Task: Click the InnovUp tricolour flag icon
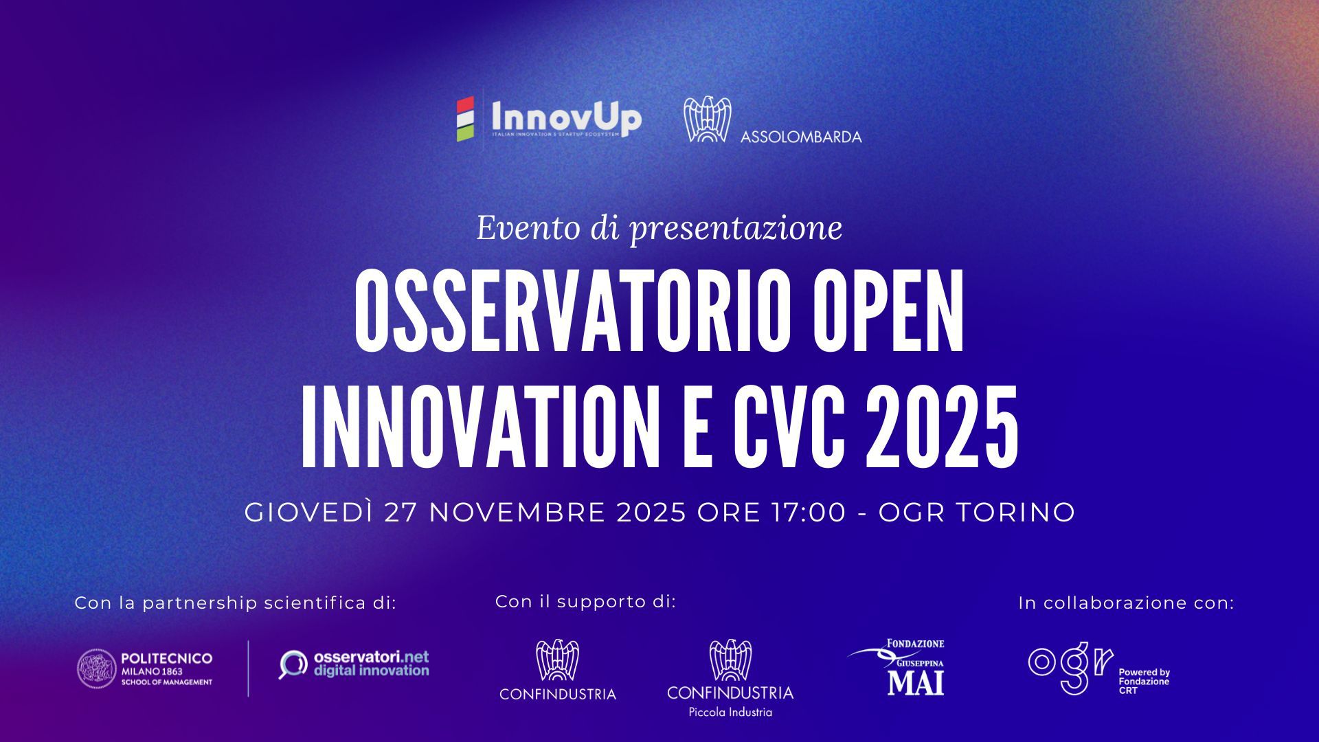[x=466, y=120]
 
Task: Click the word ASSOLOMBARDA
[x=801, y=137]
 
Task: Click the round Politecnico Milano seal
[x=97, y=669]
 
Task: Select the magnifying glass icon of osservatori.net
[x=293, y=664]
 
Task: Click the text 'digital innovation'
[x=371, y=671]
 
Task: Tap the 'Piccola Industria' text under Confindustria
[x=730, y=712]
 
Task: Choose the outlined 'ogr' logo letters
[x=1070, y=666]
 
